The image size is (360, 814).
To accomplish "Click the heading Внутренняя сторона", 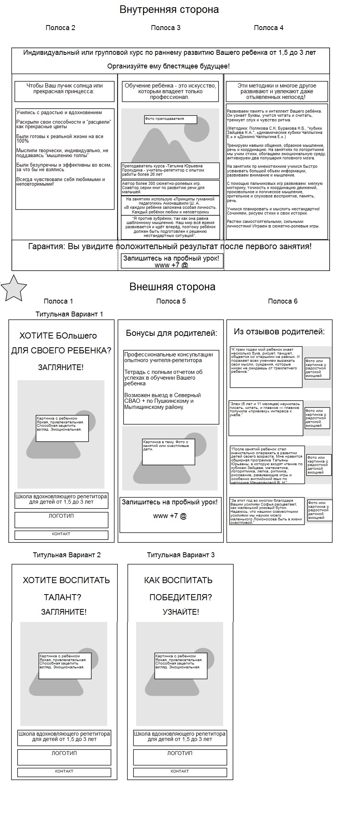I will [169, 10].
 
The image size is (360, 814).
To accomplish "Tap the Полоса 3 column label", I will [165, 28].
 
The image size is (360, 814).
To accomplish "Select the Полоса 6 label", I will [282, 301].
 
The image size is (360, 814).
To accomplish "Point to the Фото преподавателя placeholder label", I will [170, 119].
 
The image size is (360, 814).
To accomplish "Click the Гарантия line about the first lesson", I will [170, 246].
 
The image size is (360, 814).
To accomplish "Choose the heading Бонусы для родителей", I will [171, 333].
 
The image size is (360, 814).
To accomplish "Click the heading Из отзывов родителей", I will [279, 332].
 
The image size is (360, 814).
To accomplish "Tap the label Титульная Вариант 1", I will [69, 314].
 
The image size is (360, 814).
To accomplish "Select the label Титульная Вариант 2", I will [67, 555].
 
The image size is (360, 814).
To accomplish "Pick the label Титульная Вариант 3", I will [181, 555].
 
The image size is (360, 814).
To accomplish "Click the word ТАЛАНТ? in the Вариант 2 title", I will [63, 597].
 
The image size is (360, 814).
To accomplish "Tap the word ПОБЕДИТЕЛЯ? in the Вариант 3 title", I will [181, 597].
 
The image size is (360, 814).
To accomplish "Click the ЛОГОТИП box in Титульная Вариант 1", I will [61, 520].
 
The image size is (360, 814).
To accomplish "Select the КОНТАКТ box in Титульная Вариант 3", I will [180, 772].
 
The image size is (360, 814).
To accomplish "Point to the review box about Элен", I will [266, 418].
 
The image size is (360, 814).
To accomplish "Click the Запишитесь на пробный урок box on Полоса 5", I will [170, 514].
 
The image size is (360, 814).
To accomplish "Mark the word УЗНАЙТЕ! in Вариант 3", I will [181, 612].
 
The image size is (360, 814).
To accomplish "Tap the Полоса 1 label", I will [58, 301].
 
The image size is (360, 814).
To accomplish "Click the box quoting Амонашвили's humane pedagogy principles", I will [170, 205].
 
